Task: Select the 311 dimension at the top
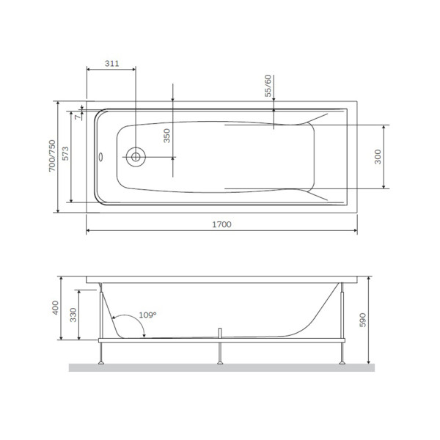tap(111, 64)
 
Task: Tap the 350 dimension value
tap(166, 137)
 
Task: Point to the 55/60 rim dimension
tap(268, 86)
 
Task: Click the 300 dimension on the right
tap(378, 157)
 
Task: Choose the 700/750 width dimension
tap(51, 156)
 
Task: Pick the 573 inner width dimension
tap(65, 155)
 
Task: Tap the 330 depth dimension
tap(72, 315)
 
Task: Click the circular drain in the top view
tap(135, 156)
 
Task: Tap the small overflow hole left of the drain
tap(101, 156)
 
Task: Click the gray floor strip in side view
tap(220, 367)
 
